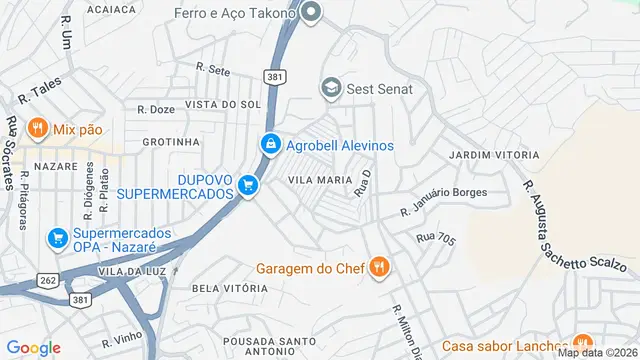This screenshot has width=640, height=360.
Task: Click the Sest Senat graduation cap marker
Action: (330, 89)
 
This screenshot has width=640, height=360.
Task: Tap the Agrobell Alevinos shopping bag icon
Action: (270, 145)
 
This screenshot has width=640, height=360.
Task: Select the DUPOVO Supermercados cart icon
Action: (249, 186)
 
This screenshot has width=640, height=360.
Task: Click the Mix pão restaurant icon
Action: (37, 128)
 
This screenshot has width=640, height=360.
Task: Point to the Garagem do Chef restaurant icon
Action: (379, 267)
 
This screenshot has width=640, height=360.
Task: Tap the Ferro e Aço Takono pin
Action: (311, 13)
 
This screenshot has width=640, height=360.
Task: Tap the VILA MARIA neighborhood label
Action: (319, 179)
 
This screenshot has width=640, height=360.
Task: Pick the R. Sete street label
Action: (214, 70)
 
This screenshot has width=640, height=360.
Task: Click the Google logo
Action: (33, 348)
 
